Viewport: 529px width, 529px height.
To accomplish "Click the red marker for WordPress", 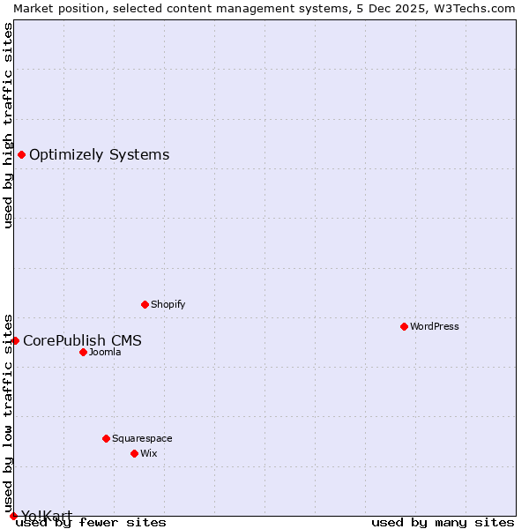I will click(404, 326).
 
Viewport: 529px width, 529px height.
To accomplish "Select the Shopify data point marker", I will click(145, 304).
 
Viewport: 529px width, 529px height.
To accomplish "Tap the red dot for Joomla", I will click(83, 352).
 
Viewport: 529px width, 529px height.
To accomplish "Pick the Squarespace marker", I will click(106, 438).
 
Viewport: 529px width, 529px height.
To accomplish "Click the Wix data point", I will click(134, 453).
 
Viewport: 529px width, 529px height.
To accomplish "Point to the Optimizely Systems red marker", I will click(21, 155).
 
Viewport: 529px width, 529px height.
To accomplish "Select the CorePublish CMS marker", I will click(15, 340).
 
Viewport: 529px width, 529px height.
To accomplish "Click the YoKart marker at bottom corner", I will click(13, 516).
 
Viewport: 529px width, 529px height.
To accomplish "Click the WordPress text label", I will click(435, 326).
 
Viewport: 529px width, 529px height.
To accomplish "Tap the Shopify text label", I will click(168, 304).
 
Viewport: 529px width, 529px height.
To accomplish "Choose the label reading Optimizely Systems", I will click(99, 155).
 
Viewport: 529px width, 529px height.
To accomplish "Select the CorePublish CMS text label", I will click(82, 340).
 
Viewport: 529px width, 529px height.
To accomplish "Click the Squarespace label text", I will click(142, 438).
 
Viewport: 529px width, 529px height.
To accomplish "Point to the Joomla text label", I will click(105, 352).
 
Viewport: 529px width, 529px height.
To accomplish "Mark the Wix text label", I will click(148, 453).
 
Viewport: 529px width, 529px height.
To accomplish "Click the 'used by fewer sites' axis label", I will click(91, 522).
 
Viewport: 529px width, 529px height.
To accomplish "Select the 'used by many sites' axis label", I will click(443, 522).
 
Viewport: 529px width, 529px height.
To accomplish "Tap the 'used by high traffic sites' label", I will click(8, 125).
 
